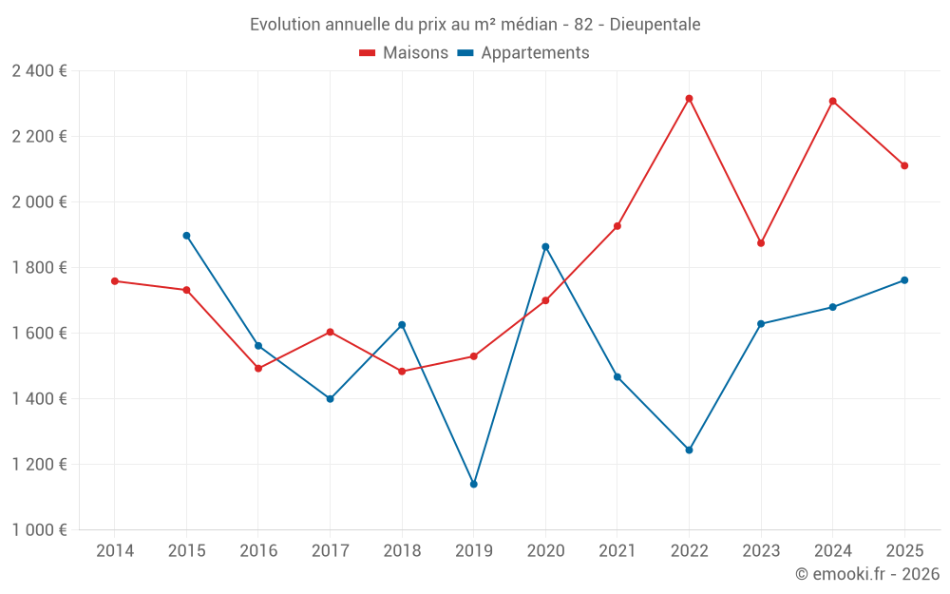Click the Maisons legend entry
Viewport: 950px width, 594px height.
click(x=404, y=53)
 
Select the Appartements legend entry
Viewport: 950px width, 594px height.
click(x=523, y=53)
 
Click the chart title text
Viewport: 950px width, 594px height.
click(x=475, y=24)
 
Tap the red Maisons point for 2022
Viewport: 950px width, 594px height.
click(x=690, y=98)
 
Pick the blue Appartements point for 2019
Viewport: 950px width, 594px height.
click(x=474, y=485)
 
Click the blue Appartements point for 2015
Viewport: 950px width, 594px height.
click(x=186, y=236)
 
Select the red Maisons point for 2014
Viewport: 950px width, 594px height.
click(x=115, y=281)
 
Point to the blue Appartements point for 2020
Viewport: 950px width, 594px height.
click(x=545, y=247)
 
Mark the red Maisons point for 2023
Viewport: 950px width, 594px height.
click(x=761, y=243)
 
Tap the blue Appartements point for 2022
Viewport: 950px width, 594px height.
click(x=690, y=450)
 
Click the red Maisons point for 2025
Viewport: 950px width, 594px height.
click(x=904, y=165)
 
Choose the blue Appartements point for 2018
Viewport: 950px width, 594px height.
click(x=402, y=325)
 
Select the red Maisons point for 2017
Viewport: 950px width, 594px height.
click(x=330, y=332)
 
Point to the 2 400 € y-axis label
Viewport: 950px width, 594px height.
click(x=39, y=71)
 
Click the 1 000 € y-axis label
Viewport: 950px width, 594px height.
click(x=39, y=530)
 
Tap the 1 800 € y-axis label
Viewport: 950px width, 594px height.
click(x=39, y=268)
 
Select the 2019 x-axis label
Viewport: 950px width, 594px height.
click(x=474, y=551)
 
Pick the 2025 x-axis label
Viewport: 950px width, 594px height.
click(x=904, y=551)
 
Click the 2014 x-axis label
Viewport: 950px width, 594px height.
click(x=115, y=551)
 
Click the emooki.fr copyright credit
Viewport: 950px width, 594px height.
click(x=867, y=574)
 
